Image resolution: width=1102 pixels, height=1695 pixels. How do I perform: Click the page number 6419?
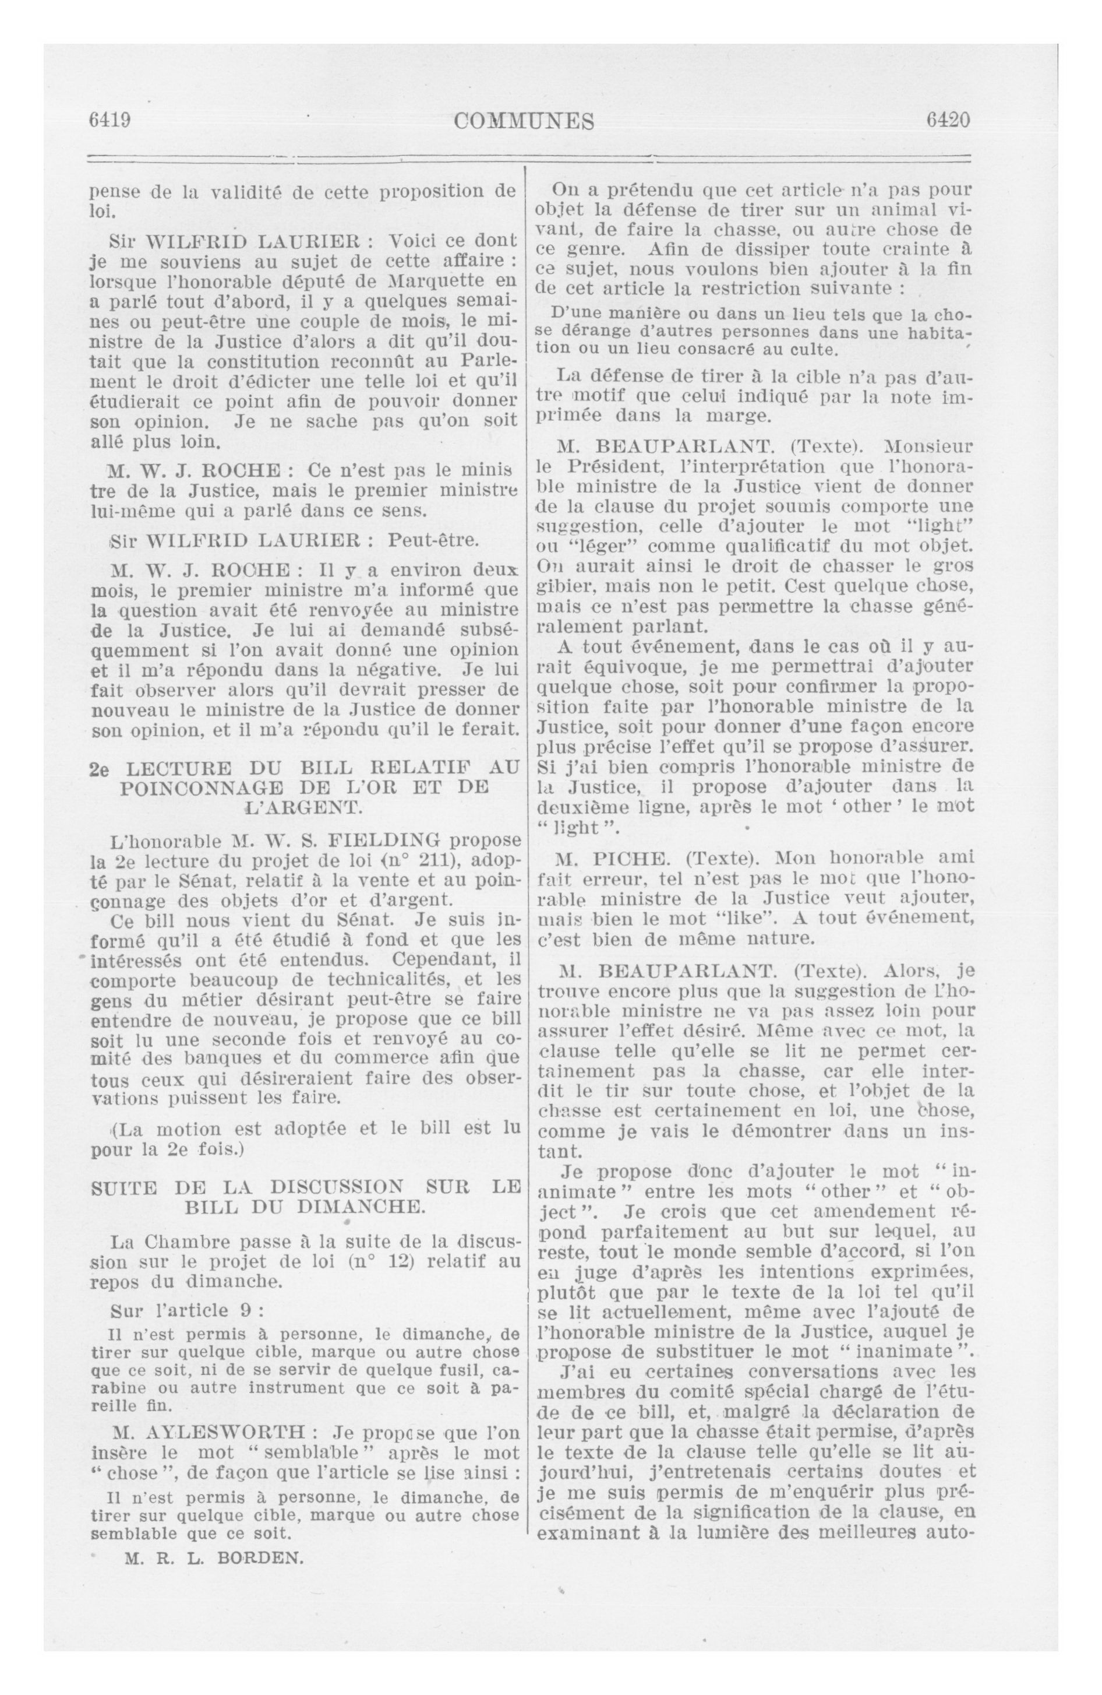109,120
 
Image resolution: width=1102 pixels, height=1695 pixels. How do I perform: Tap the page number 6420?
948,119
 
